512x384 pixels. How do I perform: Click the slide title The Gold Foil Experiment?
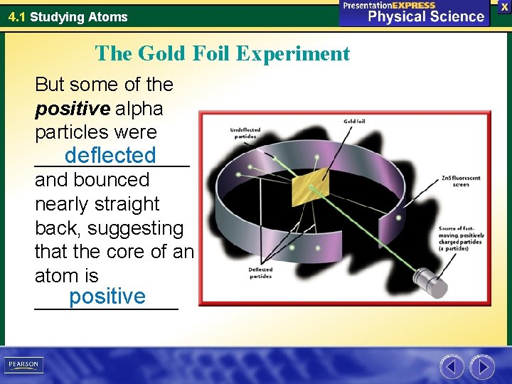coord(223,53)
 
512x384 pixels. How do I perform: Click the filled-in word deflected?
coord(110,155)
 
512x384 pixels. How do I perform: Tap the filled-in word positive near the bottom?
coord(107,296)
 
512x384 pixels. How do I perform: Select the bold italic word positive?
coord(70,109)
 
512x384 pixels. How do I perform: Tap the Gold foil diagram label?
coord(356,121)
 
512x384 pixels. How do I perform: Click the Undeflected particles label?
coord(245,133)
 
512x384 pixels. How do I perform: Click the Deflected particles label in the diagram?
coord(260,273)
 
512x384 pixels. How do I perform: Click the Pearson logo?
coord(24,365)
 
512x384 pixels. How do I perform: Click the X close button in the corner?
coord(504,6)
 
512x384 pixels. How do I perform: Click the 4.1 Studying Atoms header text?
coord(68,16)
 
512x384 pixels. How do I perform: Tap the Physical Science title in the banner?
coord(425,16)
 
